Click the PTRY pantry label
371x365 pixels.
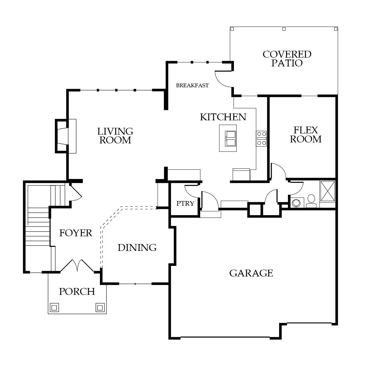[185, 203]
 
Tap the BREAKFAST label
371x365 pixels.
[192, 85]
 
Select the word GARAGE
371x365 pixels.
[251, 273]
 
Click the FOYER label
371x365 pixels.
[76, 233]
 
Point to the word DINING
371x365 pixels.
[137, 248]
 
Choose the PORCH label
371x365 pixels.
[77, 291]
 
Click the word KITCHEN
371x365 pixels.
[223, 117]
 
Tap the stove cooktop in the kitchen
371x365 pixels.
[261, 139]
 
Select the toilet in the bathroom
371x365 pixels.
[311, 201]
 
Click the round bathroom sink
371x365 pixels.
[296, 203]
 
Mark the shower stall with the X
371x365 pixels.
[328, 191]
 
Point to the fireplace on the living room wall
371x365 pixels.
[62, 136]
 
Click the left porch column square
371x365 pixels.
[54, 308]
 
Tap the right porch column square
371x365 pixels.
[100, 308]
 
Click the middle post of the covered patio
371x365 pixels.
[284, 29]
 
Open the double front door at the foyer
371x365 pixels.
[77, 266]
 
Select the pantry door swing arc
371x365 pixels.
[192, 191]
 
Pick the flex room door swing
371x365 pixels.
[279, 170]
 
